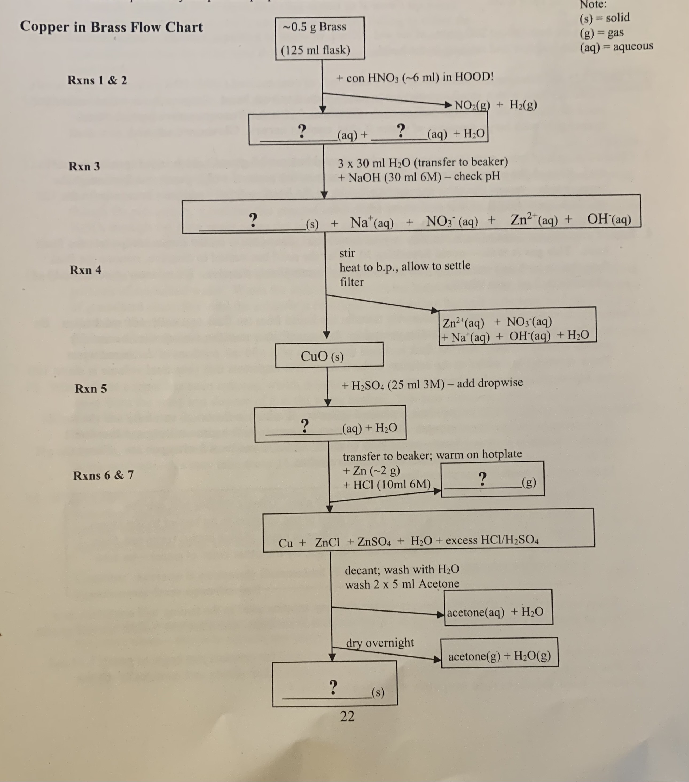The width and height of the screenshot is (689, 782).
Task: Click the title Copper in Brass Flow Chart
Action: point(111,27)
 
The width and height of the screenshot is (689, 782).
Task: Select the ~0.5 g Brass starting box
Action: point(320,38)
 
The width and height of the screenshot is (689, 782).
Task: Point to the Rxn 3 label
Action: point(84,166)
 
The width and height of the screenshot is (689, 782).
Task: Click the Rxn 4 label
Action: point(85,270)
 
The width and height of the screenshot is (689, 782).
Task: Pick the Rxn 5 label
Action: point(91,389)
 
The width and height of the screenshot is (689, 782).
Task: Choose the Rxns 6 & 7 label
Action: point(103,475)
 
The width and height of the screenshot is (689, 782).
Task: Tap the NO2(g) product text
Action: point(472,105)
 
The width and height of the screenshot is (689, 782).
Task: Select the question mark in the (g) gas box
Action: point(483,478)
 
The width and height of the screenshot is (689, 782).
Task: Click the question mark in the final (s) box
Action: point(333,687)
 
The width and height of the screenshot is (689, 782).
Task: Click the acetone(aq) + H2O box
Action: point(498,612)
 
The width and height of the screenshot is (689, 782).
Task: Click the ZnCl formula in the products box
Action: point(327,543)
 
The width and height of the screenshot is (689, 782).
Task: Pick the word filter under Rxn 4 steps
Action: point(352,282)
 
